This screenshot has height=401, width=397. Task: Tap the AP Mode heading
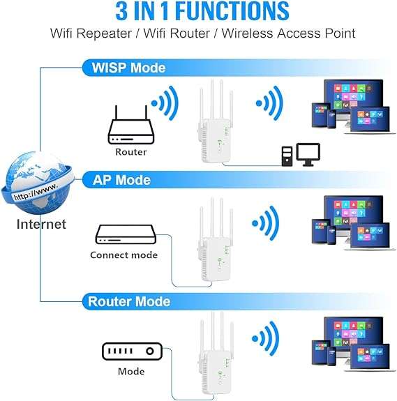coord(121,180)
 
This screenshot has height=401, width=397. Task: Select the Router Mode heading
coord(128,301)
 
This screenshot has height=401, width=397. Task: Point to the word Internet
coord(42,225)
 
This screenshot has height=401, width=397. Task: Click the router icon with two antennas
coord(130,126)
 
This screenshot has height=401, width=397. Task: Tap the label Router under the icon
coord(130,151)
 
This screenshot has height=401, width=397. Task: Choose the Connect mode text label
coord(123,255)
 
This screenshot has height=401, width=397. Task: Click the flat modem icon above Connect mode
coord(123,234)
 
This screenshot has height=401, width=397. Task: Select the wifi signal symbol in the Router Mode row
coord(267,340)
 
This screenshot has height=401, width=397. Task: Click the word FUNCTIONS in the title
coord(219,11)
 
